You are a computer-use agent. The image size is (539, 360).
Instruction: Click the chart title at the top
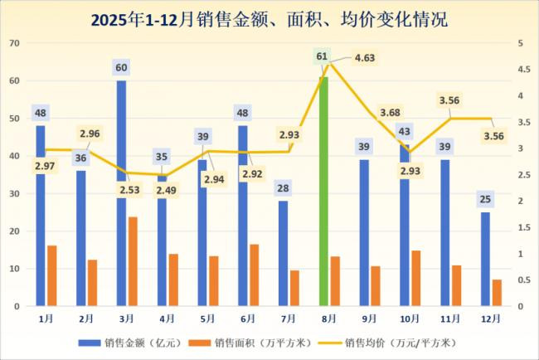269,19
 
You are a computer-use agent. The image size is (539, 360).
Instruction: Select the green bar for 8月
323,191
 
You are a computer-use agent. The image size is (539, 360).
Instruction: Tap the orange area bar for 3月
133,261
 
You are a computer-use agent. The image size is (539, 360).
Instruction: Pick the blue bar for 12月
485,259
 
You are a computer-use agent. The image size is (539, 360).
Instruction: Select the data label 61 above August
323,56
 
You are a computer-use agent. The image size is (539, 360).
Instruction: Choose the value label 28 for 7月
283,188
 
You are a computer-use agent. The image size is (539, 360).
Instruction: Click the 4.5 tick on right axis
521,70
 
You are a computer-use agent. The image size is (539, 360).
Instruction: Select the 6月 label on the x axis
246,318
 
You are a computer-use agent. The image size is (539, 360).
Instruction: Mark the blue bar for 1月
41,216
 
